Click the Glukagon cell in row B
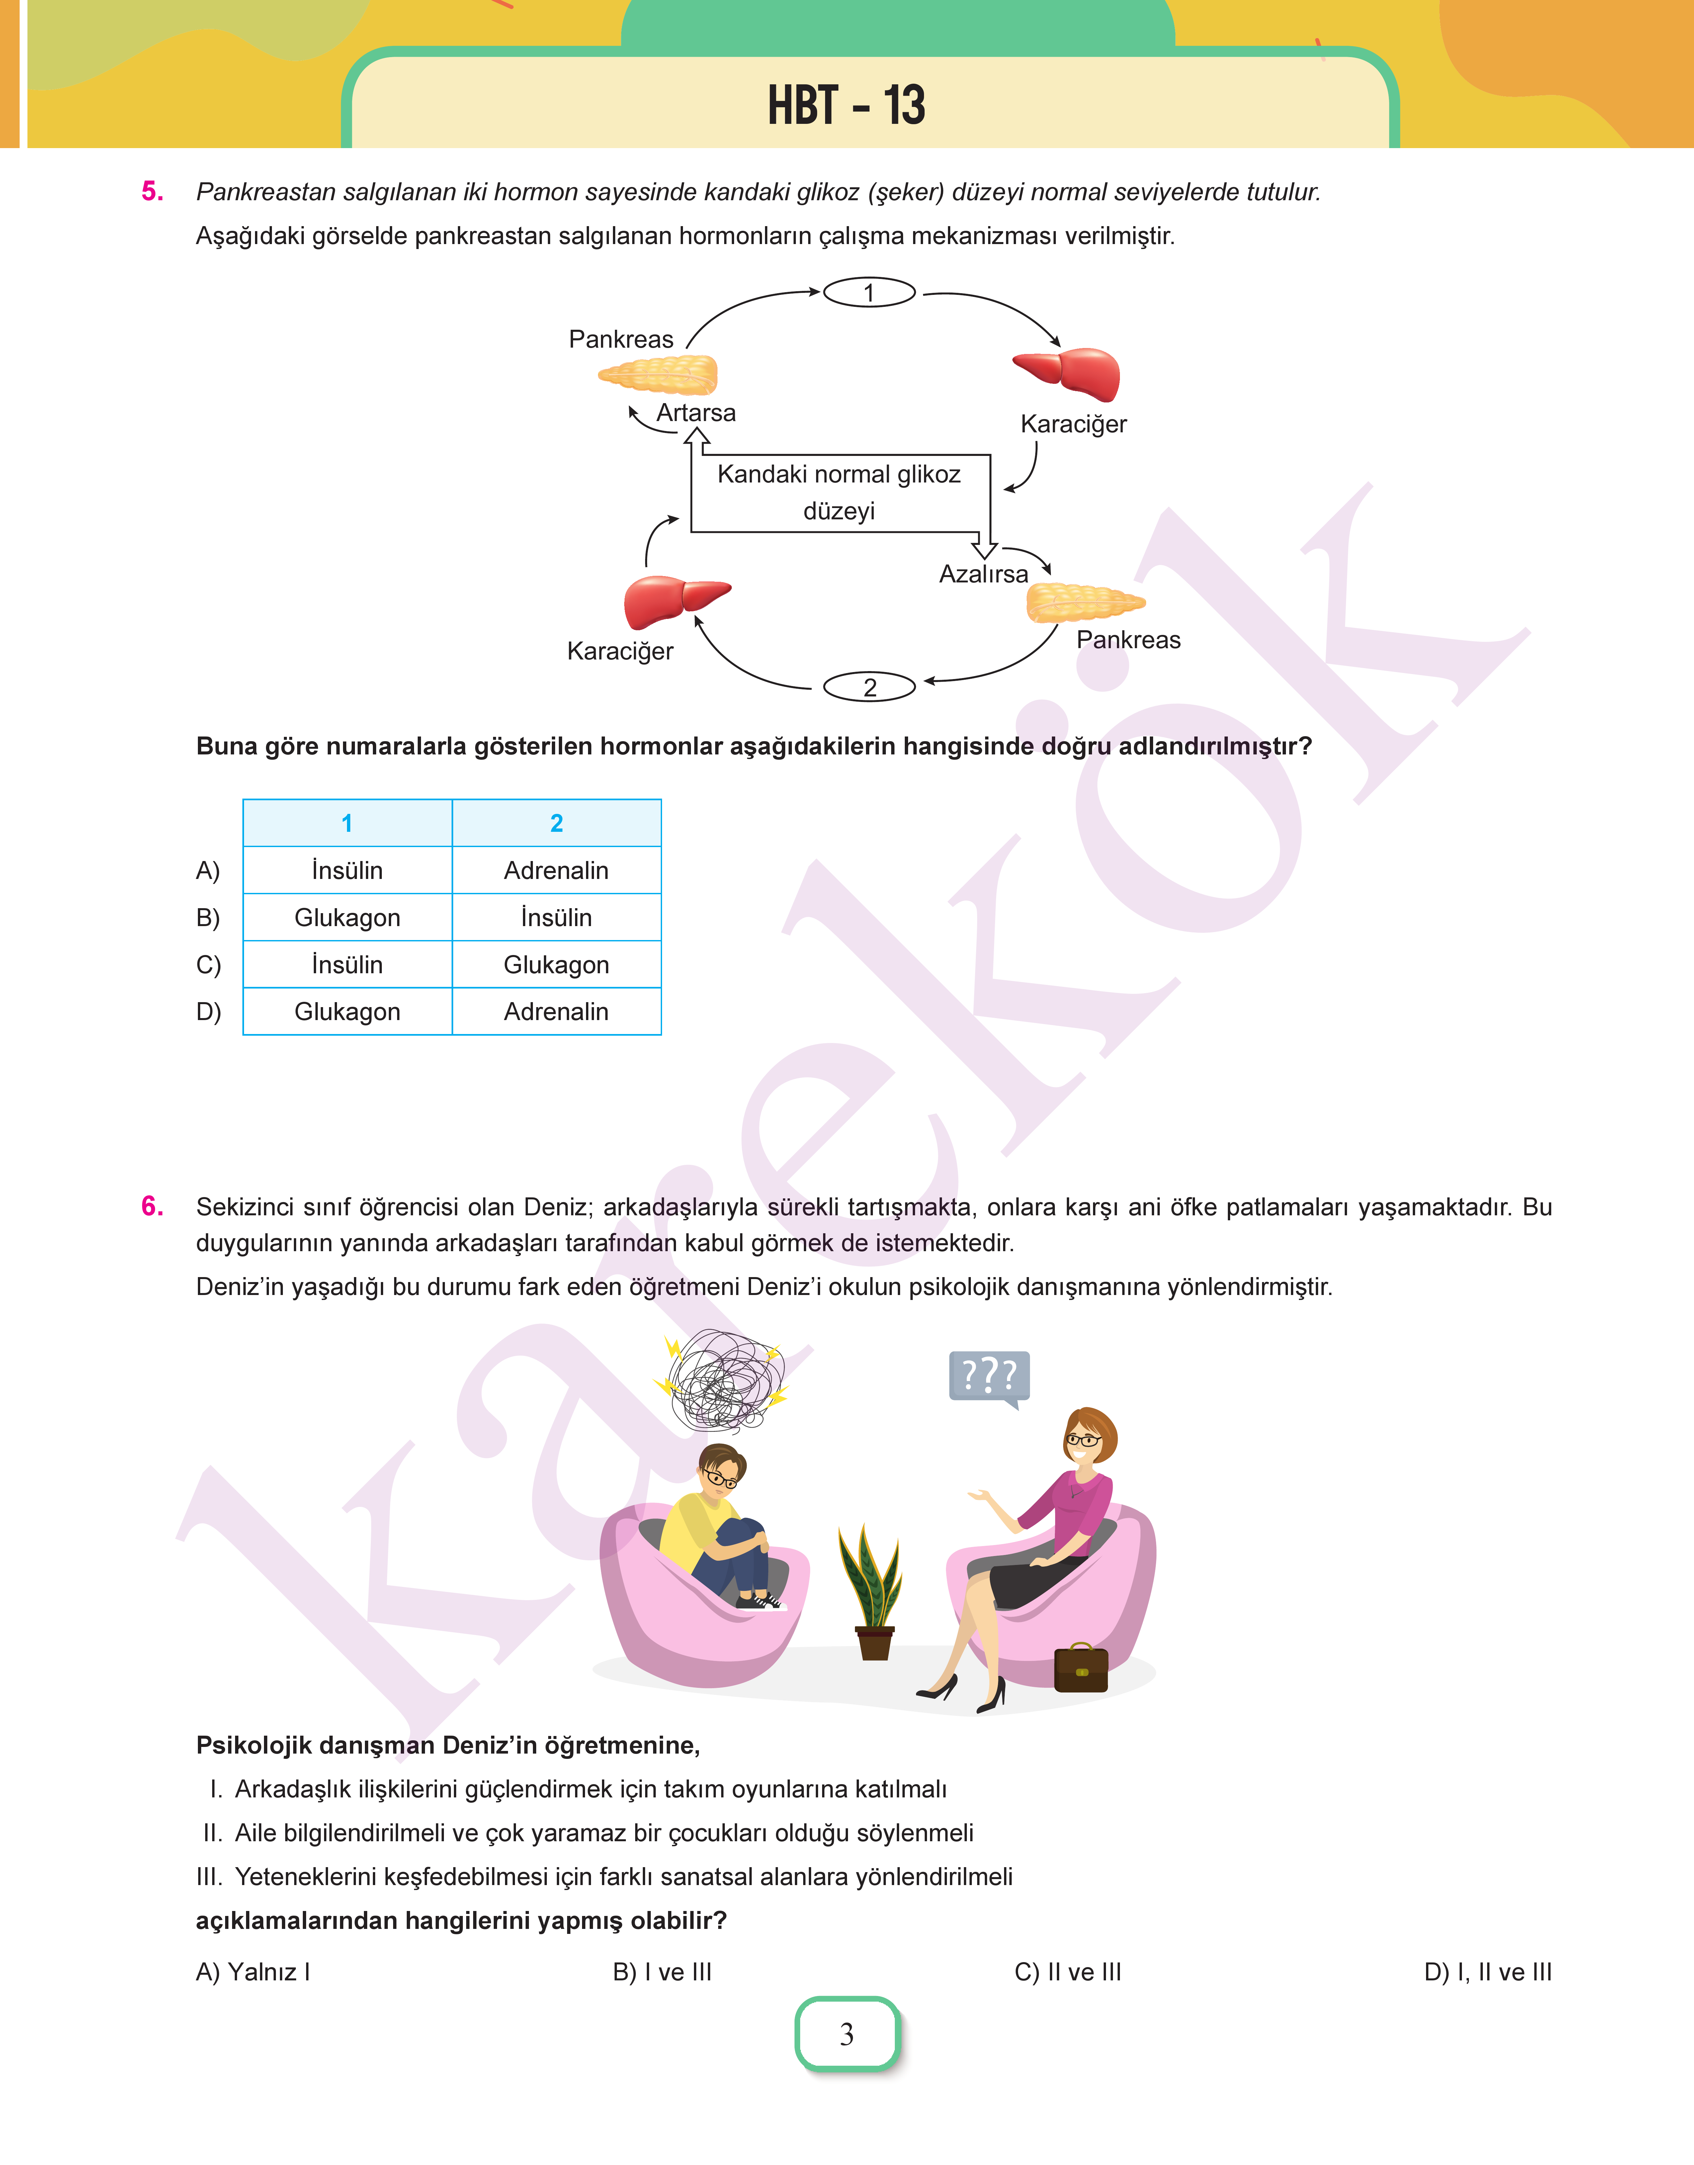(x=347, y=917)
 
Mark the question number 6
(x=152, y=1206)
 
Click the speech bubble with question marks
(x=989, y=1377)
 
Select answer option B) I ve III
(x=661, y=1972)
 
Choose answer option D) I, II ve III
(x=1487, y=1972)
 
